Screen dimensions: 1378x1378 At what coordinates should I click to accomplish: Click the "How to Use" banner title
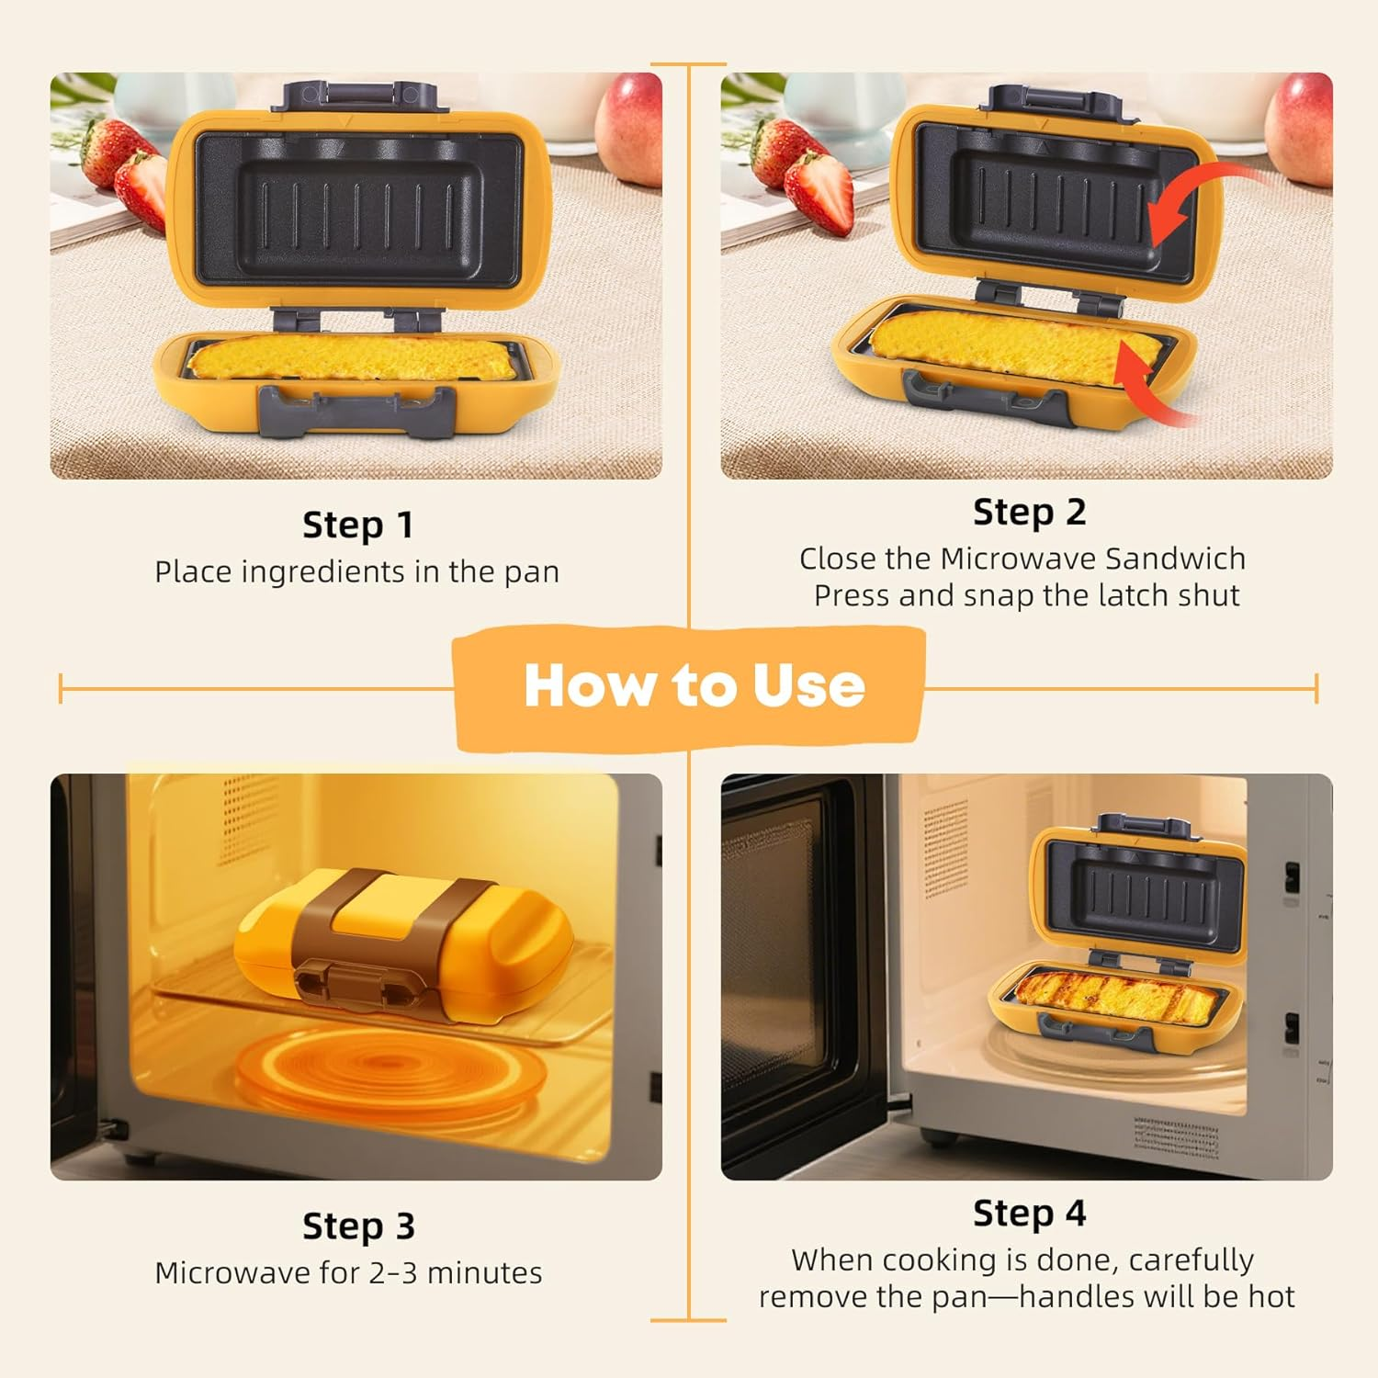(x=694, y=686)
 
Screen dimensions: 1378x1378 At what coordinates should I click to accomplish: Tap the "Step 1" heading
(x=357, y=525)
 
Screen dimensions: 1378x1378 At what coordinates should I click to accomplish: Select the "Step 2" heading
(x=1029, y=513)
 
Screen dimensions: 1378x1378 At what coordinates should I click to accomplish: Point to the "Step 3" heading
(x=358, y=1226)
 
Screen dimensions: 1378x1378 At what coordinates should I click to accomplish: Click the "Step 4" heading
(x=1029, y=1214)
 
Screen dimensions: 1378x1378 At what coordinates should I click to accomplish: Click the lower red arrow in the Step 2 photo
(x=1148, y=386)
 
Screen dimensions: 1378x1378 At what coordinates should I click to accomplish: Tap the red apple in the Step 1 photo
(x=630, y=115)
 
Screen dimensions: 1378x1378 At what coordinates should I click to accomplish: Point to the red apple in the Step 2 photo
(x=1300, y=115)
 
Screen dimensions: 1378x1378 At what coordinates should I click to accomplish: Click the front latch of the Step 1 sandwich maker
(x=357, y=410)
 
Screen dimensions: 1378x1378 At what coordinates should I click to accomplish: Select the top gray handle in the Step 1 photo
(x=358, y=96)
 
